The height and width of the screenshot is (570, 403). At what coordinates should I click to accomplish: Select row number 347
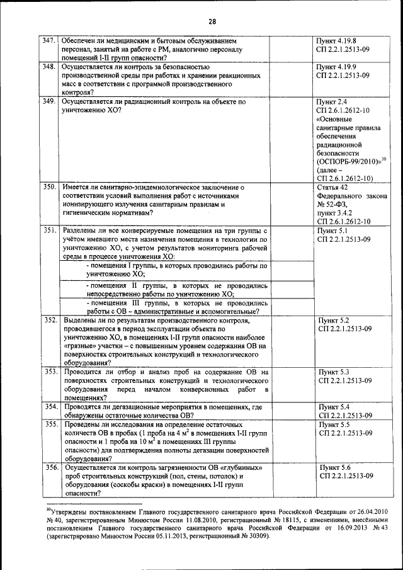pyautogui.click(x=49, y=40)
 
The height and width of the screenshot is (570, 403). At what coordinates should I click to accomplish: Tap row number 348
pyautogui.click(x=49, y=66)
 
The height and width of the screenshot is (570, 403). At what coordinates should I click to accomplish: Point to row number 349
pyautogui.click(x=49, y=101)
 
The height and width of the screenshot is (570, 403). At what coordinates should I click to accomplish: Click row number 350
pyautogui.click(x=49, y=187)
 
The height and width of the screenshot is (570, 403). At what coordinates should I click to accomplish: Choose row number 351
pyautogui.click(x=49, y=231)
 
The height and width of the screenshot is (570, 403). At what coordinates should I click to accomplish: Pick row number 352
pyautogui.click(x=49, y=321)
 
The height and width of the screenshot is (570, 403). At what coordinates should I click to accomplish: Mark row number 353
pyautogui.click(x=49, y=372)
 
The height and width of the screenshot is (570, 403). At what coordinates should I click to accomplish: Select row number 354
pyautogui.click(x=49, y=407)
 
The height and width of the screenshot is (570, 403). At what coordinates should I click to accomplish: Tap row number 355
pyautogui.click(x=49, y=425)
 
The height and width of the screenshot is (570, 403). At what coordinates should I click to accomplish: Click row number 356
pyautogui.click(x=49, y=468)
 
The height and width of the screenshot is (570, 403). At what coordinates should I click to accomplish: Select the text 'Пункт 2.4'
pyautogui.click(x=334, y=101)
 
